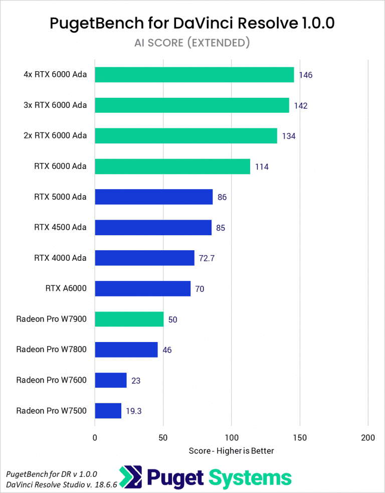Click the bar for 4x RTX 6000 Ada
pyautogui.click(x=194, y=75)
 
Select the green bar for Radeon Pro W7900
pyautogui.click(x=129, y=319)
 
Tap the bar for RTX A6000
pyautogui.click(x=142, y=288)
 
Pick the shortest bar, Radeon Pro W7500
pyautogui.click(x=108, y=411)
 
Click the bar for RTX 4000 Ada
pyautogui.click(x=144, y=258)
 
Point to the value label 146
pyautogui.click(x=306, y=75)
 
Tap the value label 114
pyautogui.click(x=262, y=167)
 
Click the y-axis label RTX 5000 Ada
pyautogui.click(x=60, y=197)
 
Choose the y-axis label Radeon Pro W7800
pyautogui.click(x=51, y=349)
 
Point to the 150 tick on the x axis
pyautogui.click(x=299, y=438)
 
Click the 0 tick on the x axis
pyautogui.click(x=95, y=438)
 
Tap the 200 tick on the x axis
pyautogui.click(x=367, y=438)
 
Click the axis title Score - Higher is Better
pyautogui.click(x=231, y=451)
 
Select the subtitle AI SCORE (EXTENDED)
pyautogui.click(x=192, y=43)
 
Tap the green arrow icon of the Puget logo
pyautogui.click(x=129, y=477)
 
